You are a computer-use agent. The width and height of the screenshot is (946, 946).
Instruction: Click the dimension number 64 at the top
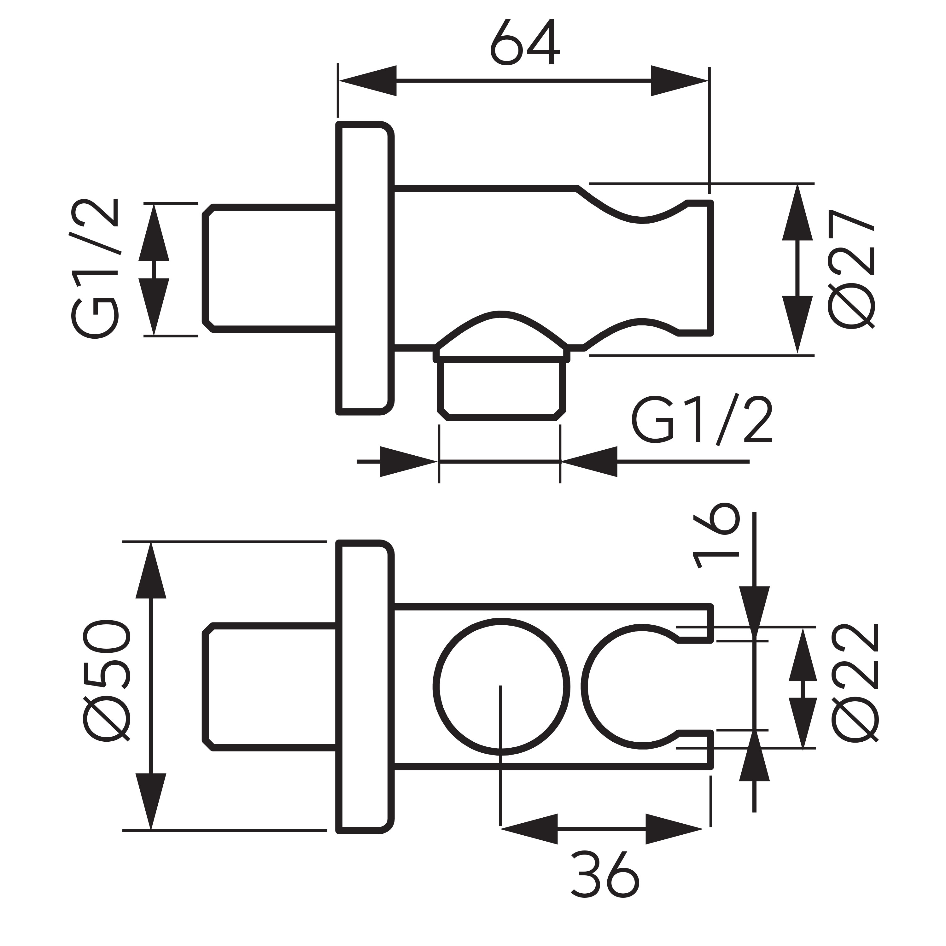pyautogui.click(x=525, y=43)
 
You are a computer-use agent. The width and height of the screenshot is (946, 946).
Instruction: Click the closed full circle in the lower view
pyautogui.click(x=501, y=686)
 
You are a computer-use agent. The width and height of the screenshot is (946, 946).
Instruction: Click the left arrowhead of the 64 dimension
pyautogui.click(x=367, y=81)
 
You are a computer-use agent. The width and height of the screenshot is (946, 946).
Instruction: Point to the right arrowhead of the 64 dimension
pyautogui.click(x=680, y=81)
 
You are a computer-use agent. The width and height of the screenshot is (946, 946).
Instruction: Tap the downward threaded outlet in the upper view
pyautogui.click(x=501, y=389)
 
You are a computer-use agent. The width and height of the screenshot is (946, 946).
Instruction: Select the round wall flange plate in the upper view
pyautogui.click(x=365, y=268)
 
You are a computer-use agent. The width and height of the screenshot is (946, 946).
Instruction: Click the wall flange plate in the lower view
pyautogui.click(x=365, y=686)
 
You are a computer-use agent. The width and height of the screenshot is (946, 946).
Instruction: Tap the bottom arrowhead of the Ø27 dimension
pyautogui.click(x=797, y=323)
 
